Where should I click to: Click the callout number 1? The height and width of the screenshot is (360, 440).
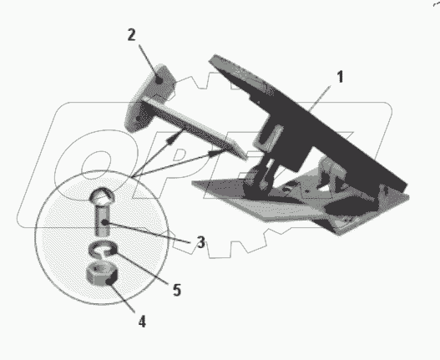(x=340, y=77)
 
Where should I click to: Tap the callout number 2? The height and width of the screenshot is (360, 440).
(x=131, y=35)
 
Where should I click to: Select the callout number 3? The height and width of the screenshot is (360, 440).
(x=200, y=242)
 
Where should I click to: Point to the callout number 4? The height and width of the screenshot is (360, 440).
(x=142, y=322)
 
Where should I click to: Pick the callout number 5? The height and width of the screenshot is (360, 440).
(x=177, y=290)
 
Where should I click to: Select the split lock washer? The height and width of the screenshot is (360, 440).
(x=103, y=249)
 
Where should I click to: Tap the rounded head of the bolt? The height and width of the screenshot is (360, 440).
(x=102, y=195)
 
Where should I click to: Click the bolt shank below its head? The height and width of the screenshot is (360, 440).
(x=102, y=220)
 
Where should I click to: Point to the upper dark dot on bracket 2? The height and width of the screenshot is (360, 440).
(x=159, y=80)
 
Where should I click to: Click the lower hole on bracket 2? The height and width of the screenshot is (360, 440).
(x=139, y=119)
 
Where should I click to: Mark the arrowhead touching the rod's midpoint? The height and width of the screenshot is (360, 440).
(x=174, y=137)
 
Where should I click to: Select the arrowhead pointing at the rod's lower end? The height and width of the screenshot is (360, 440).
(x=217, y=153)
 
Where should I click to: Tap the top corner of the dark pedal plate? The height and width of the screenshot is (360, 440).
(x=215, y=55)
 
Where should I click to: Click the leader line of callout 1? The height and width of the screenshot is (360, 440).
(x=320, y=99)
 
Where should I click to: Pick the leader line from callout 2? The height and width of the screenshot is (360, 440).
(x=149, y=63)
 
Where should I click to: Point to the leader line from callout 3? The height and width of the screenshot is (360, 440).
(x=148, y=232)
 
